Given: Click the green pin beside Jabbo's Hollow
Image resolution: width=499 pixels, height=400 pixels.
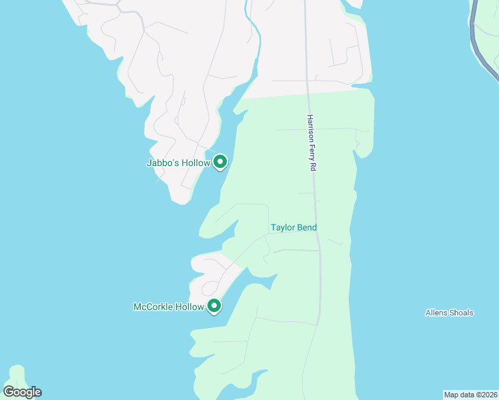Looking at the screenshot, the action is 220,161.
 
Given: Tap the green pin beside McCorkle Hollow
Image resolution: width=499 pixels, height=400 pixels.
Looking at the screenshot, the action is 214,305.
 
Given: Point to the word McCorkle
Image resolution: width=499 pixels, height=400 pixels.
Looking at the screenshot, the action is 153,307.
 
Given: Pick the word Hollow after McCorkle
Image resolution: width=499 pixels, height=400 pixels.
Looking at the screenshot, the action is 189,307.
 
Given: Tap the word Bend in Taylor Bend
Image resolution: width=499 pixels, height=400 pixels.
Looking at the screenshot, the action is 307,227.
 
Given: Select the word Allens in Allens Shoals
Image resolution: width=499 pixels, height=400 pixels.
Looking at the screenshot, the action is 437,313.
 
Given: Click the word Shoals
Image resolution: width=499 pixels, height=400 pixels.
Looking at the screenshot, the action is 462,313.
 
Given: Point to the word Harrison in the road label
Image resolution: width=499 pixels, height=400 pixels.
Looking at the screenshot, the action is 310,129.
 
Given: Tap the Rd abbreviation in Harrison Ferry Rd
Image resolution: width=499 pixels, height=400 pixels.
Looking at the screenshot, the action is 312,168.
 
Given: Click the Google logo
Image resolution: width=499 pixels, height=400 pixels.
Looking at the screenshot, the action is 22,392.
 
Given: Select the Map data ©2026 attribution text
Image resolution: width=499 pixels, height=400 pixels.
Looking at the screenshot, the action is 471,395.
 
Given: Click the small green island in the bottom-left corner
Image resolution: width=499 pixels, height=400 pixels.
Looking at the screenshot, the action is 17,375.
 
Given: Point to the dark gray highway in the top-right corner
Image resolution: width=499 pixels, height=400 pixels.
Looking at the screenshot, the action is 475,33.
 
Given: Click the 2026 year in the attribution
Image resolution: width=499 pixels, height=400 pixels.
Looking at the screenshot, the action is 488,395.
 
